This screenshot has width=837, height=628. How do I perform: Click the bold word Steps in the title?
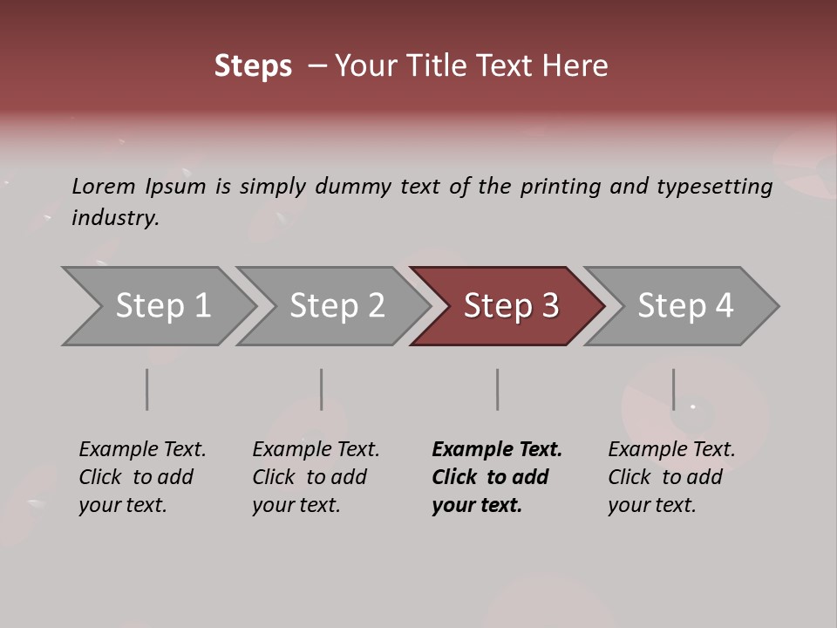253,66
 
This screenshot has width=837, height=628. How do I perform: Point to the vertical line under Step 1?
147,389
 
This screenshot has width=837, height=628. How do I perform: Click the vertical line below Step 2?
322,389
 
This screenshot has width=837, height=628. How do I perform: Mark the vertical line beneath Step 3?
497,389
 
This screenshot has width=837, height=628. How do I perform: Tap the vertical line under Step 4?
673,389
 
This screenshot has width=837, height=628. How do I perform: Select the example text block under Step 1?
142,477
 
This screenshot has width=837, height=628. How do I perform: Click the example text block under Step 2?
316,477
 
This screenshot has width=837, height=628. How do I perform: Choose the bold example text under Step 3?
497,477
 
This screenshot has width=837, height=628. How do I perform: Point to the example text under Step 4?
671,477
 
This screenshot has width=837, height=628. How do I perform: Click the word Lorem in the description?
104,186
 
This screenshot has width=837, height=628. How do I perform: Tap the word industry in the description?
115,218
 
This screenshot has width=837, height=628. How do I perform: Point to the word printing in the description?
561,186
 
